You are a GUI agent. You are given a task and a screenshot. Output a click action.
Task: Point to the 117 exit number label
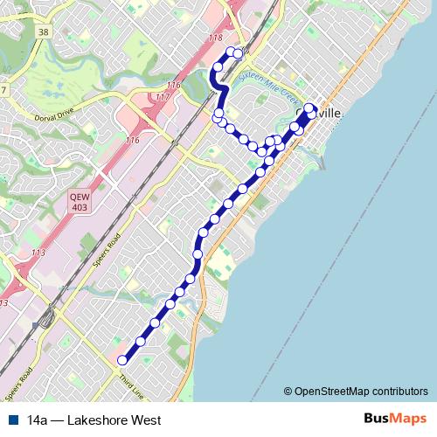(x=161, y=97)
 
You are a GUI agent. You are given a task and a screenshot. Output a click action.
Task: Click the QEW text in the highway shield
(x=80, y=198)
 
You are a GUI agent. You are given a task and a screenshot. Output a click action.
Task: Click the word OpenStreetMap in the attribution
(x=336, y=392)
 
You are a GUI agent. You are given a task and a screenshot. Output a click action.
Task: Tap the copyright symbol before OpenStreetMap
(x=288, y=392)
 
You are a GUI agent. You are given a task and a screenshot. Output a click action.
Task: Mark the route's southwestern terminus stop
(x=122, y=359)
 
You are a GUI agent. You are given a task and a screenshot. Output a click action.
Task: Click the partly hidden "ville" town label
(x=332, y=114)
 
